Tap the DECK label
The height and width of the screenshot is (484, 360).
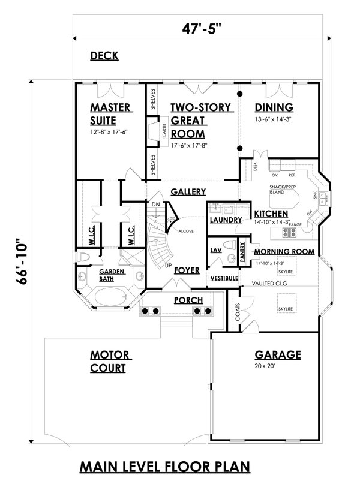point(104,56)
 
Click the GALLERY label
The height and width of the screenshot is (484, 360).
point(188,192)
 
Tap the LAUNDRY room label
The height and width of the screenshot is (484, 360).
point(226,221)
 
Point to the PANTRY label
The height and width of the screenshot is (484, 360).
point(242,250)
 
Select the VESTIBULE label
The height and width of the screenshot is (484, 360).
point(224,279)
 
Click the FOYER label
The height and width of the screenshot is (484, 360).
point(187,270)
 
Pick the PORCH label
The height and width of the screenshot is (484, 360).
point(188,300)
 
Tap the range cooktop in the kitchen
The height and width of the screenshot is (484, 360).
point(294,232)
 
